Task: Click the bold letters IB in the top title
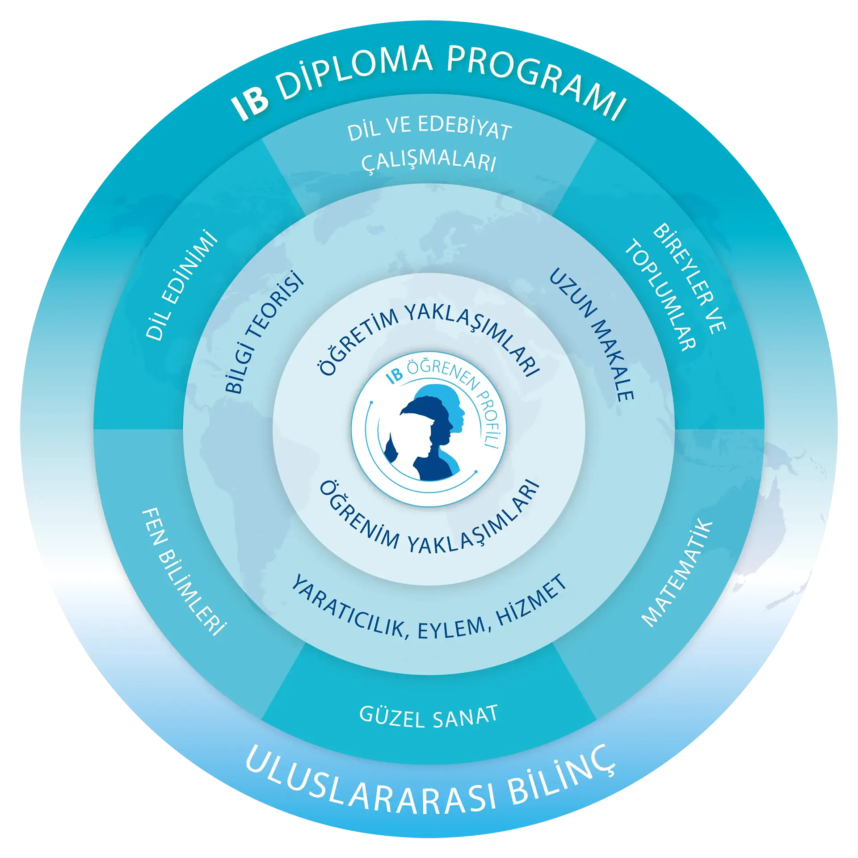click(251, 103)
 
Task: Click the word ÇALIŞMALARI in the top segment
click(429, 162)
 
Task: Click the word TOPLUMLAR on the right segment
click(661, 295)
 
